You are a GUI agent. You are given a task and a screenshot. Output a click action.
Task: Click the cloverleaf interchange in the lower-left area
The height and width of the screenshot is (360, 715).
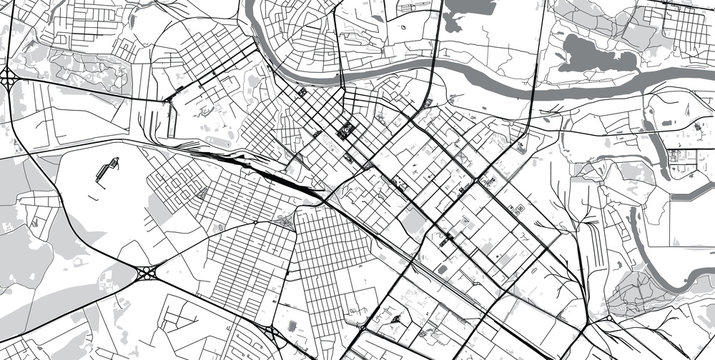pos(146,271)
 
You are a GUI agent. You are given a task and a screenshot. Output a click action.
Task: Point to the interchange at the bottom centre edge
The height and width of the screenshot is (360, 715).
pos(272,333)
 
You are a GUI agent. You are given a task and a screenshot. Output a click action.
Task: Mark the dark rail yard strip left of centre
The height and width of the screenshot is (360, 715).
pos(285,180)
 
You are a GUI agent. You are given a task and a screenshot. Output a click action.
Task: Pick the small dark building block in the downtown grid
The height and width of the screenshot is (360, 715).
pos(347,130)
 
